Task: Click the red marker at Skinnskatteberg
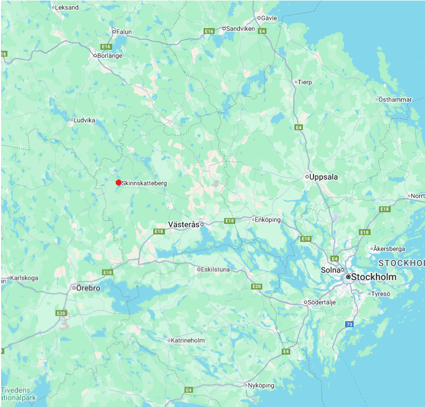pos(118,183)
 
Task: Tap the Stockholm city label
pos(374,277)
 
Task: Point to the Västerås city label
pos(183,224)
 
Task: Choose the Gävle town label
pos(269,18)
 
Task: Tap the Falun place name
pos(124,32)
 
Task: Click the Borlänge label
pos(110,56)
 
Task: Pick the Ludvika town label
pos(85,120)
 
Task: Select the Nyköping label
pos(261,385)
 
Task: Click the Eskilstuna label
pos(216,269)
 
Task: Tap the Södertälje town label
pos(322,302)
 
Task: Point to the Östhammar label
pos(395,100)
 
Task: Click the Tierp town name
pos(305,82)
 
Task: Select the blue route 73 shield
pos(349,324)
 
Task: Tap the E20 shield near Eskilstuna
pos(257,286)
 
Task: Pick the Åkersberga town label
pos(389,248)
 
